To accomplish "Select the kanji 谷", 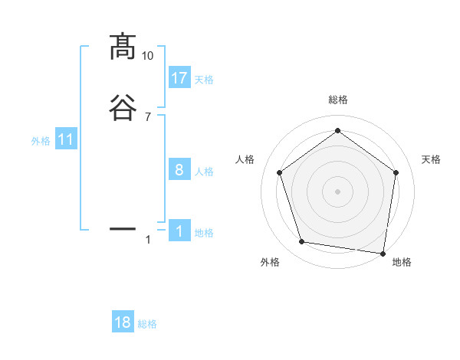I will click(123, 107).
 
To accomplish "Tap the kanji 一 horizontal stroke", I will click(123, 228).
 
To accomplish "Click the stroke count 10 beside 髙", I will click(147, 56).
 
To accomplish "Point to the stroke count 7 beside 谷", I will click(147, 116).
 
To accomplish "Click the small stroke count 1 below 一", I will click(148, 240).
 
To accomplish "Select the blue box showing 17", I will click(179, 78).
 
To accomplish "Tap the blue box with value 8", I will click(179, 171).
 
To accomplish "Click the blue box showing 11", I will click(66, 140).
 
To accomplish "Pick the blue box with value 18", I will click(123, 322).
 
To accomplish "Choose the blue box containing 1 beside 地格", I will click(179, 232).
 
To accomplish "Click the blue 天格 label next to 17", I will click(204, 79).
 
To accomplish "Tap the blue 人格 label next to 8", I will click(204, 172).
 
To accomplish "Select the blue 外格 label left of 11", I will click(41, 141).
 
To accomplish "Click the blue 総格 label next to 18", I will click(147, 324).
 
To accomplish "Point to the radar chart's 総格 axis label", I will click(337, 100).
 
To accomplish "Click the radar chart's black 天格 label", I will click(431, 159).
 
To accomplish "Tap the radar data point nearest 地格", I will click(383, 253).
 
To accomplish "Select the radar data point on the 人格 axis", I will click(279, 172).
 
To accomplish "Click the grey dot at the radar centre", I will click(337, 191).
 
